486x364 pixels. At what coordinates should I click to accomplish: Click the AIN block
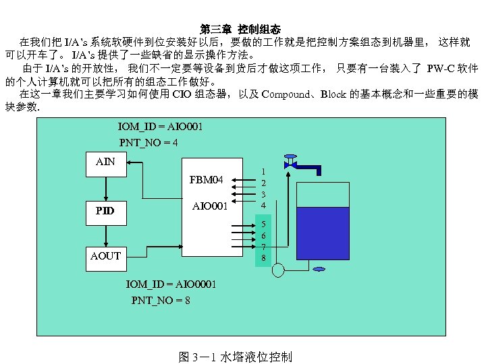tap(105, 162)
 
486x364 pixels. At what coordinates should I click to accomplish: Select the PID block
tap(105, 210)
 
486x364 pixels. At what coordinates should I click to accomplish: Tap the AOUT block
tap(105, 255)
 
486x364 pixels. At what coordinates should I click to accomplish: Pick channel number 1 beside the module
tap(264, 172)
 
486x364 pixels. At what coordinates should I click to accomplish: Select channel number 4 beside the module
tap(264, 205)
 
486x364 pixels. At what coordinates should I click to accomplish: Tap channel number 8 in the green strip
tap(264, 257)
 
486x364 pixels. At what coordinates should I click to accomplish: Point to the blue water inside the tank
tap(323, 233)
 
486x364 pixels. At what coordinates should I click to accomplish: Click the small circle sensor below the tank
tap(277, 270)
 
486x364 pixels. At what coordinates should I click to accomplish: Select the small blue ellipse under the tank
tap(319, 270)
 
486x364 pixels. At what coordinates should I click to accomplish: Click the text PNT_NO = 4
tap(148, 142)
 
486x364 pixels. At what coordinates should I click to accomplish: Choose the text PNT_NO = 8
tap(161, 300)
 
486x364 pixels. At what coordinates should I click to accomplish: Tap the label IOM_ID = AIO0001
tap(171, 284)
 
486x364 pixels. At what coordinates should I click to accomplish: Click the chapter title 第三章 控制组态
tap(240, 29)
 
